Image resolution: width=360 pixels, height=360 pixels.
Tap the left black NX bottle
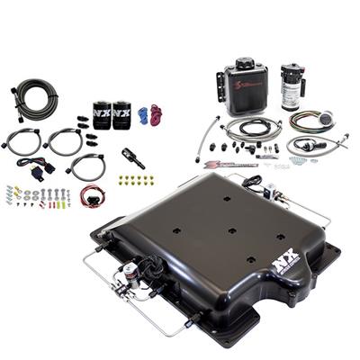click(100, 114)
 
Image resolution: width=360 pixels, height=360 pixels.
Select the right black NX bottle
click(121, 114)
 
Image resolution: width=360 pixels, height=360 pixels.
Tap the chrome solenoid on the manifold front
click(134, 269)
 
